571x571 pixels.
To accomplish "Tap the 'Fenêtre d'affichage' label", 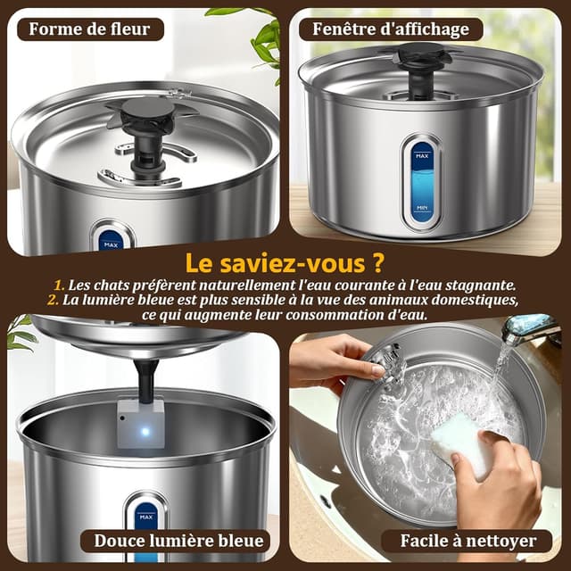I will point(391,29).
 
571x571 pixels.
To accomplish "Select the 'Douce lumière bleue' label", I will point(179,541).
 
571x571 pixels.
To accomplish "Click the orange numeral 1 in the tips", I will point(59,284).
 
